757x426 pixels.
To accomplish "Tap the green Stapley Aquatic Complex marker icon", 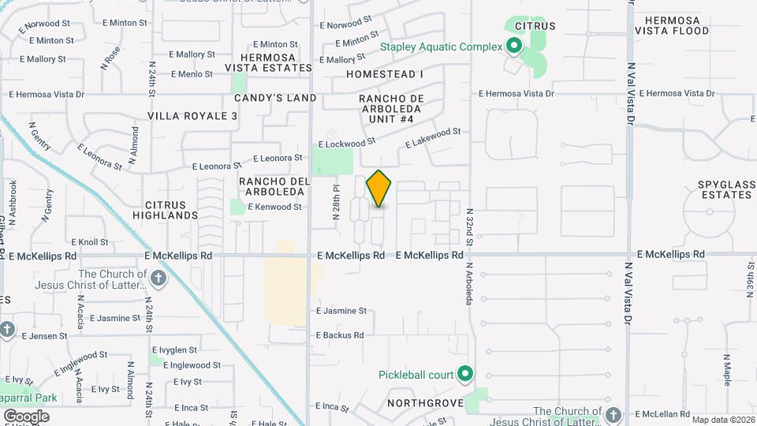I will (x=514, y=47).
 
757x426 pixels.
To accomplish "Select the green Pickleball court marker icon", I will (x=465, y=374).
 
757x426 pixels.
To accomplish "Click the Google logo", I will (x=26, y=416).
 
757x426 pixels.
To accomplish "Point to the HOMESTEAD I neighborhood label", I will (x=385, y=74).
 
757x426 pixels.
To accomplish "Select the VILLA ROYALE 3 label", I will (x=192, y=116).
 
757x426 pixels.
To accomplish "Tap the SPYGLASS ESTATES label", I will (x=726, y=189).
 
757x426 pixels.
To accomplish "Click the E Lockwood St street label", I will (x=346, y=144).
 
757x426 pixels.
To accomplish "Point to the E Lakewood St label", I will (x=433, y=138).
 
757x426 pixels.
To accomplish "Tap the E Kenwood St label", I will (x=274, y=207).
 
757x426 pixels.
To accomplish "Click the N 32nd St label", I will (x=468, y=226).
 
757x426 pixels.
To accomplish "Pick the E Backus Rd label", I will (x=340, y=335).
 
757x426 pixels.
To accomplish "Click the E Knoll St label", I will (x=89, y=242).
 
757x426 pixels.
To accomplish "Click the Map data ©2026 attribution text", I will (x=723, y=420).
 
